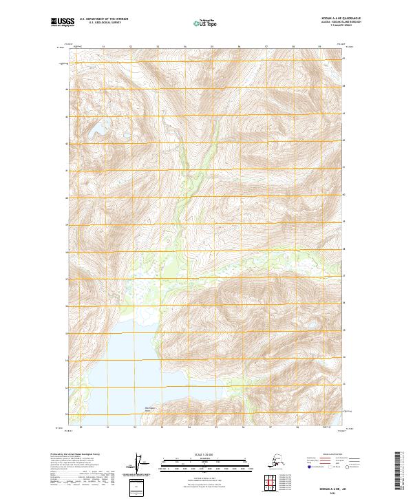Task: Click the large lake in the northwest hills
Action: click(94, 129)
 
